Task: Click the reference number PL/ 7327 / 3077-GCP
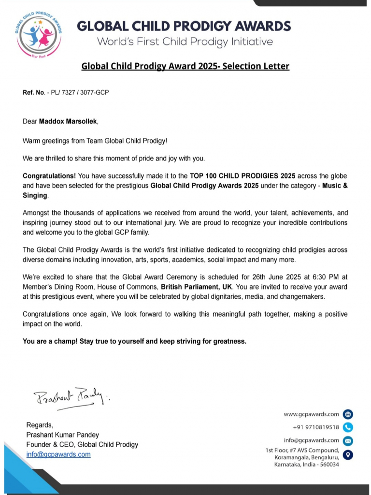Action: [x=78, y=92]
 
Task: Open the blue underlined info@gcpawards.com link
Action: [x=58, y=454]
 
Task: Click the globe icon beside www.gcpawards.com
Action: [x=348, y=414]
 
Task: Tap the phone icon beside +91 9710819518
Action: [x=348, y=427]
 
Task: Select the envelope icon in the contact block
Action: [x=348, y=440]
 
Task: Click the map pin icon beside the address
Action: [x=348, y=454]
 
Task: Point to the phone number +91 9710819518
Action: [x=316, y=427]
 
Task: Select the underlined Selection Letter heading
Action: [x=185, y=66]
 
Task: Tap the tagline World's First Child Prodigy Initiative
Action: [x=185, y=42]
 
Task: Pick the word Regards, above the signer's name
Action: [x=39, y=425]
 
